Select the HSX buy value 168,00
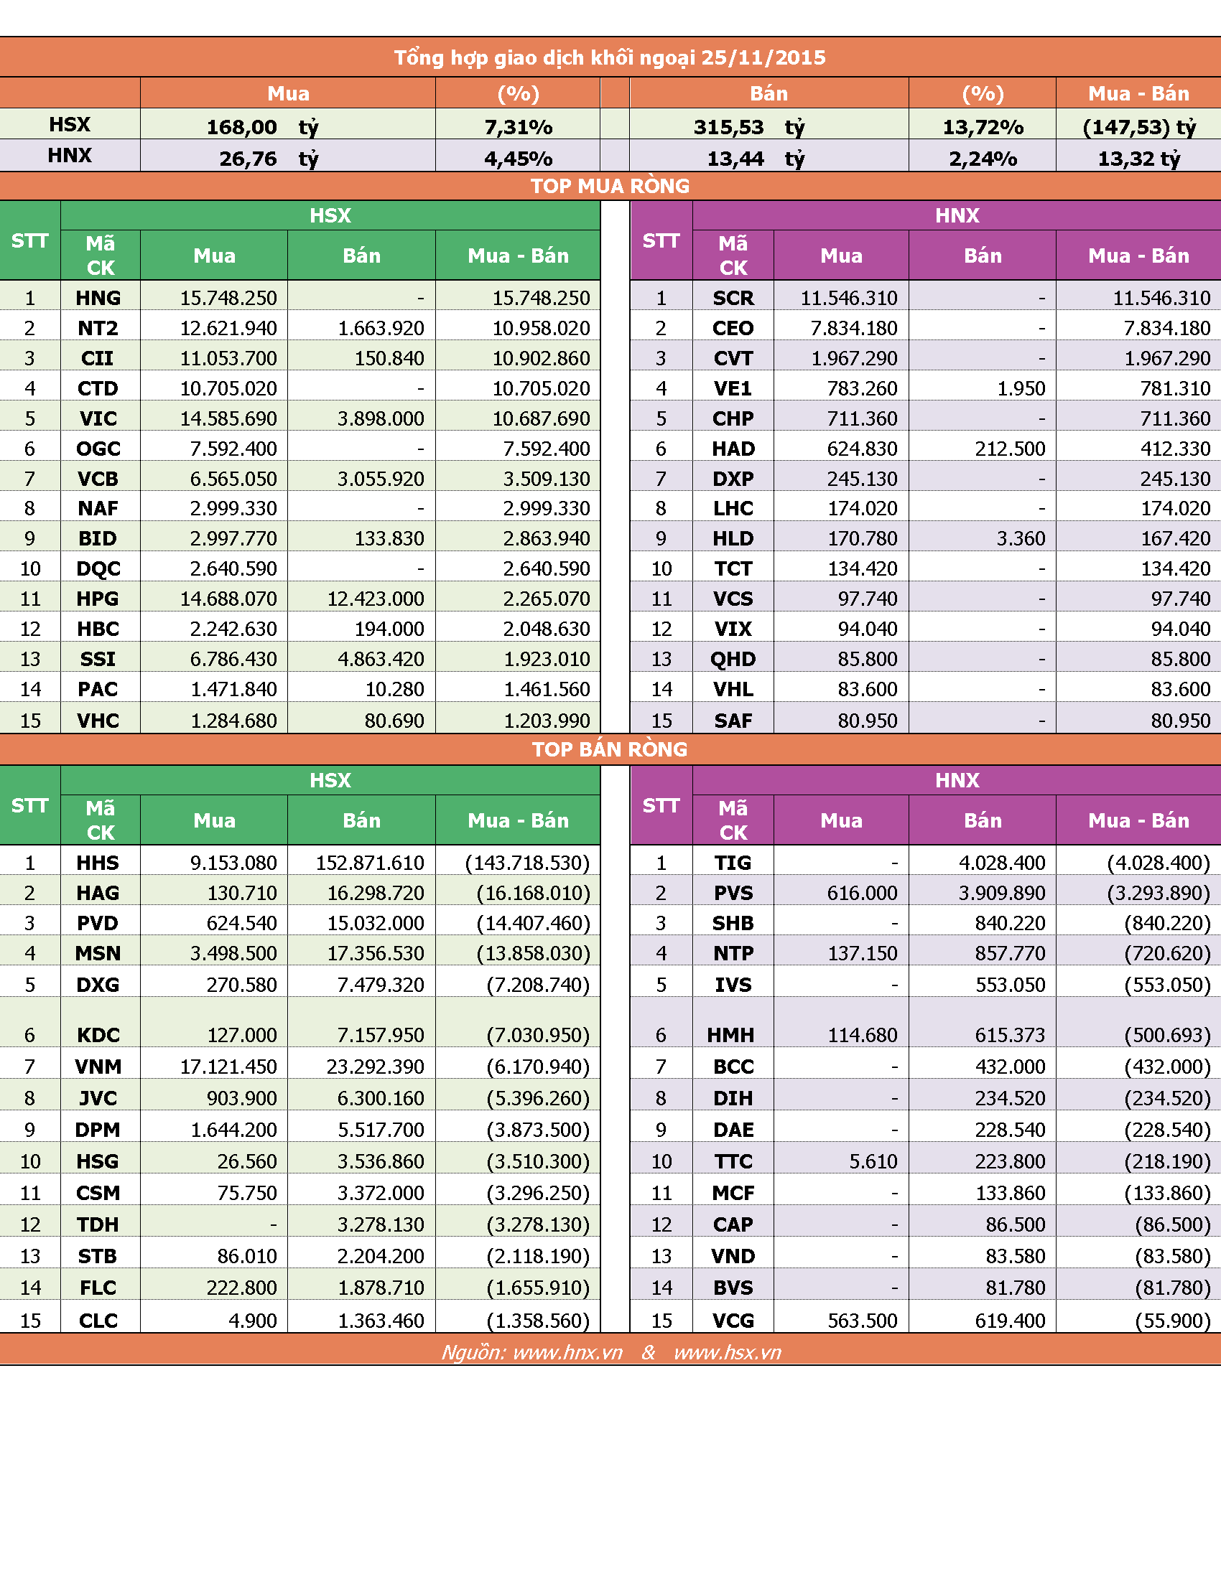(x=241, y=127)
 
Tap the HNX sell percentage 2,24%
(x=983, y=159)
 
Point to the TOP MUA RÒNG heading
(x=610, y=186)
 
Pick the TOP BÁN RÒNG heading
(x=610, y=749)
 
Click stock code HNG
(x=98, y=298)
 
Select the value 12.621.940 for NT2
(x=228, y=328)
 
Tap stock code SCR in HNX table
(x=733, y=298)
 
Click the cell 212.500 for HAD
(x=1010, y=449)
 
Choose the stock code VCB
(x=98, y=479)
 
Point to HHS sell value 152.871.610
(x=370, y=863)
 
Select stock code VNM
(x=98, y=1067)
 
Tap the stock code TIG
(x=733, y=863)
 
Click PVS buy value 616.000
(x=862, y=893)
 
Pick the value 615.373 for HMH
(x=1010, y=1035)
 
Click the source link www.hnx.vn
(x=567, y=1353)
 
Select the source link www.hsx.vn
(x=727, y=1353)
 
